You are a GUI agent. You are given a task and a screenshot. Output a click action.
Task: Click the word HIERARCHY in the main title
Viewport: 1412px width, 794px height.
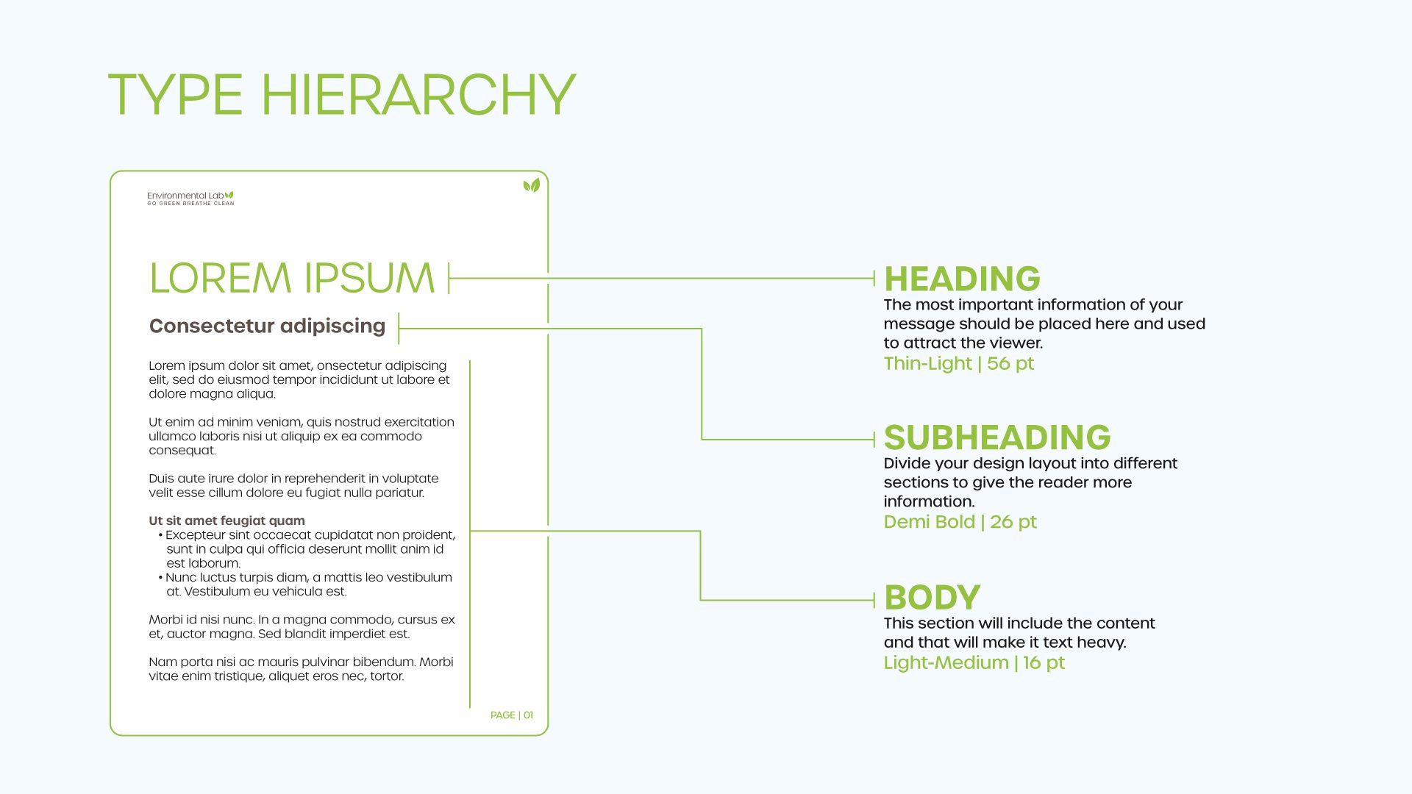tap(418, 95)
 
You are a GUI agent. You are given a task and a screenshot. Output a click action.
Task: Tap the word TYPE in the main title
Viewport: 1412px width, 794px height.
tap(175, 95)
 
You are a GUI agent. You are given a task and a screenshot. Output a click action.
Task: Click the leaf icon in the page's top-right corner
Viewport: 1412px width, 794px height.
tap(531, 185)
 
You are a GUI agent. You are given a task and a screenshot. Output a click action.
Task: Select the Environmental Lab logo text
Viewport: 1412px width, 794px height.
tap(185, 196)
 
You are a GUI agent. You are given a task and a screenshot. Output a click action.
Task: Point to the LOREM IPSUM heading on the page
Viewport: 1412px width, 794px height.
tap(292, 278)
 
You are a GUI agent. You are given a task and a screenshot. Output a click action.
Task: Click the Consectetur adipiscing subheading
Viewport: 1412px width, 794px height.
tap(267, 326)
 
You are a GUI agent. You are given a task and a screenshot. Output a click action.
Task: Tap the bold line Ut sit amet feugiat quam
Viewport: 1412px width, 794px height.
tap(227, 521)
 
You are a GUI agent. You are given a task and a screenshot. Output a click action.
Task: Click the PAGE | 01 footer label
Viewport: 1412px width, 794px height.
tap(511, 715)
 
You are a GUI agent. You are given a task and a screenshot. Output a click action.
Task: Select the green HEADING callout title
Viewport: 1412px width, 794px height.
tap(962, 279)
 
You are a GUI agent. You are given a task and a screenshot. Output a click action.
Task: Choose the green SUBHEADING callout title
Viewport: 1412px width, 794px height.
tap(996, 438)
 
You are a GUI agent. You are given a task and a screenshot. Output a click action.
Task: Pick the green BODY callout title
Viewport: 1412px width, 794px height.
tap(932, 598)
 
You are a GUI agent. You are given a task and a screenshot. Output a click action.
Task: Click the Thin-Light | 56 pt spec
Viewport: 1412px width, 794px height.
tap(958, 363)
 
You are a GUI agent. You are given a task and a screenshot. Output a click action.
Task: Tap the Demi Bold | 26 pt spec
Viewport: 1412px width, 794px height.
tap(960, 522)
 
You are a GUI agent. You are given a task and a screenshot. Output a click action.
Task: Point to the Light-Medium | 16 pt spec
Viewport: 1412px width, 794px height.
tap(974, 662)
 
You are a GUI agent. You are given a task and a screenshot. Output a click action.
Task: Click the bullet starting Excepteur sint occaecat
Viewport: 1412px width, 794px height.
tap(309, 548)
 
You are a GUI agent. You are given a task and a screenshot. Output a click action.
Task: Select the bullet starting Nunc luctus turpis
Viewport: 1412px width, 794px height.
tap(307, 584)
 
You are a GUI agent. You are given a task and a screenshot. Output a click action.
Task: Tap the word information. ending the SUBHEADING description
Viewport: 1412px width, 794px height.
tap(929, 501)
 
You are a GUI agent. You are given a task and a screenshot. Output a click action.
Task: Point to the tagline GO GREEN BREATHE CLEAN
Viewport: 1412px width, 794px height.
tap(190, 204)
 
